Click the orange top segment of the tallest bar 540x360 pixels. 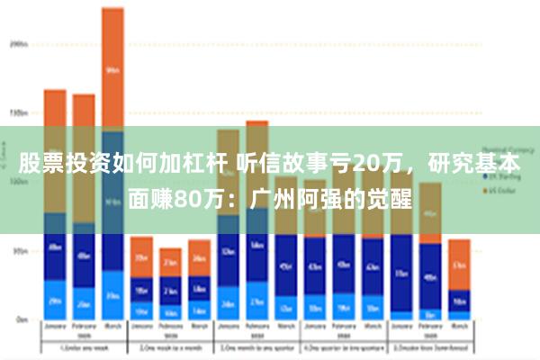click(x=112, y=67)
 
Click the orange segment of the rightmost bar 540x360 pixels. click(x=459, y=263)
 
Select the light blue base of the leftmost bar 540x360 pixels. click(x=55, y=301)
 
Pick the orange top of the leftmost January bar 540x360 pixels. click(x=55, y=107)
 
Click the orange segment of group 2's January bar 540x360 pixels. click(x=141, y=256)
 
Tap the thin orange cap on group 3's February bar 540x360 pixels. click(x=257, y=123)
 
